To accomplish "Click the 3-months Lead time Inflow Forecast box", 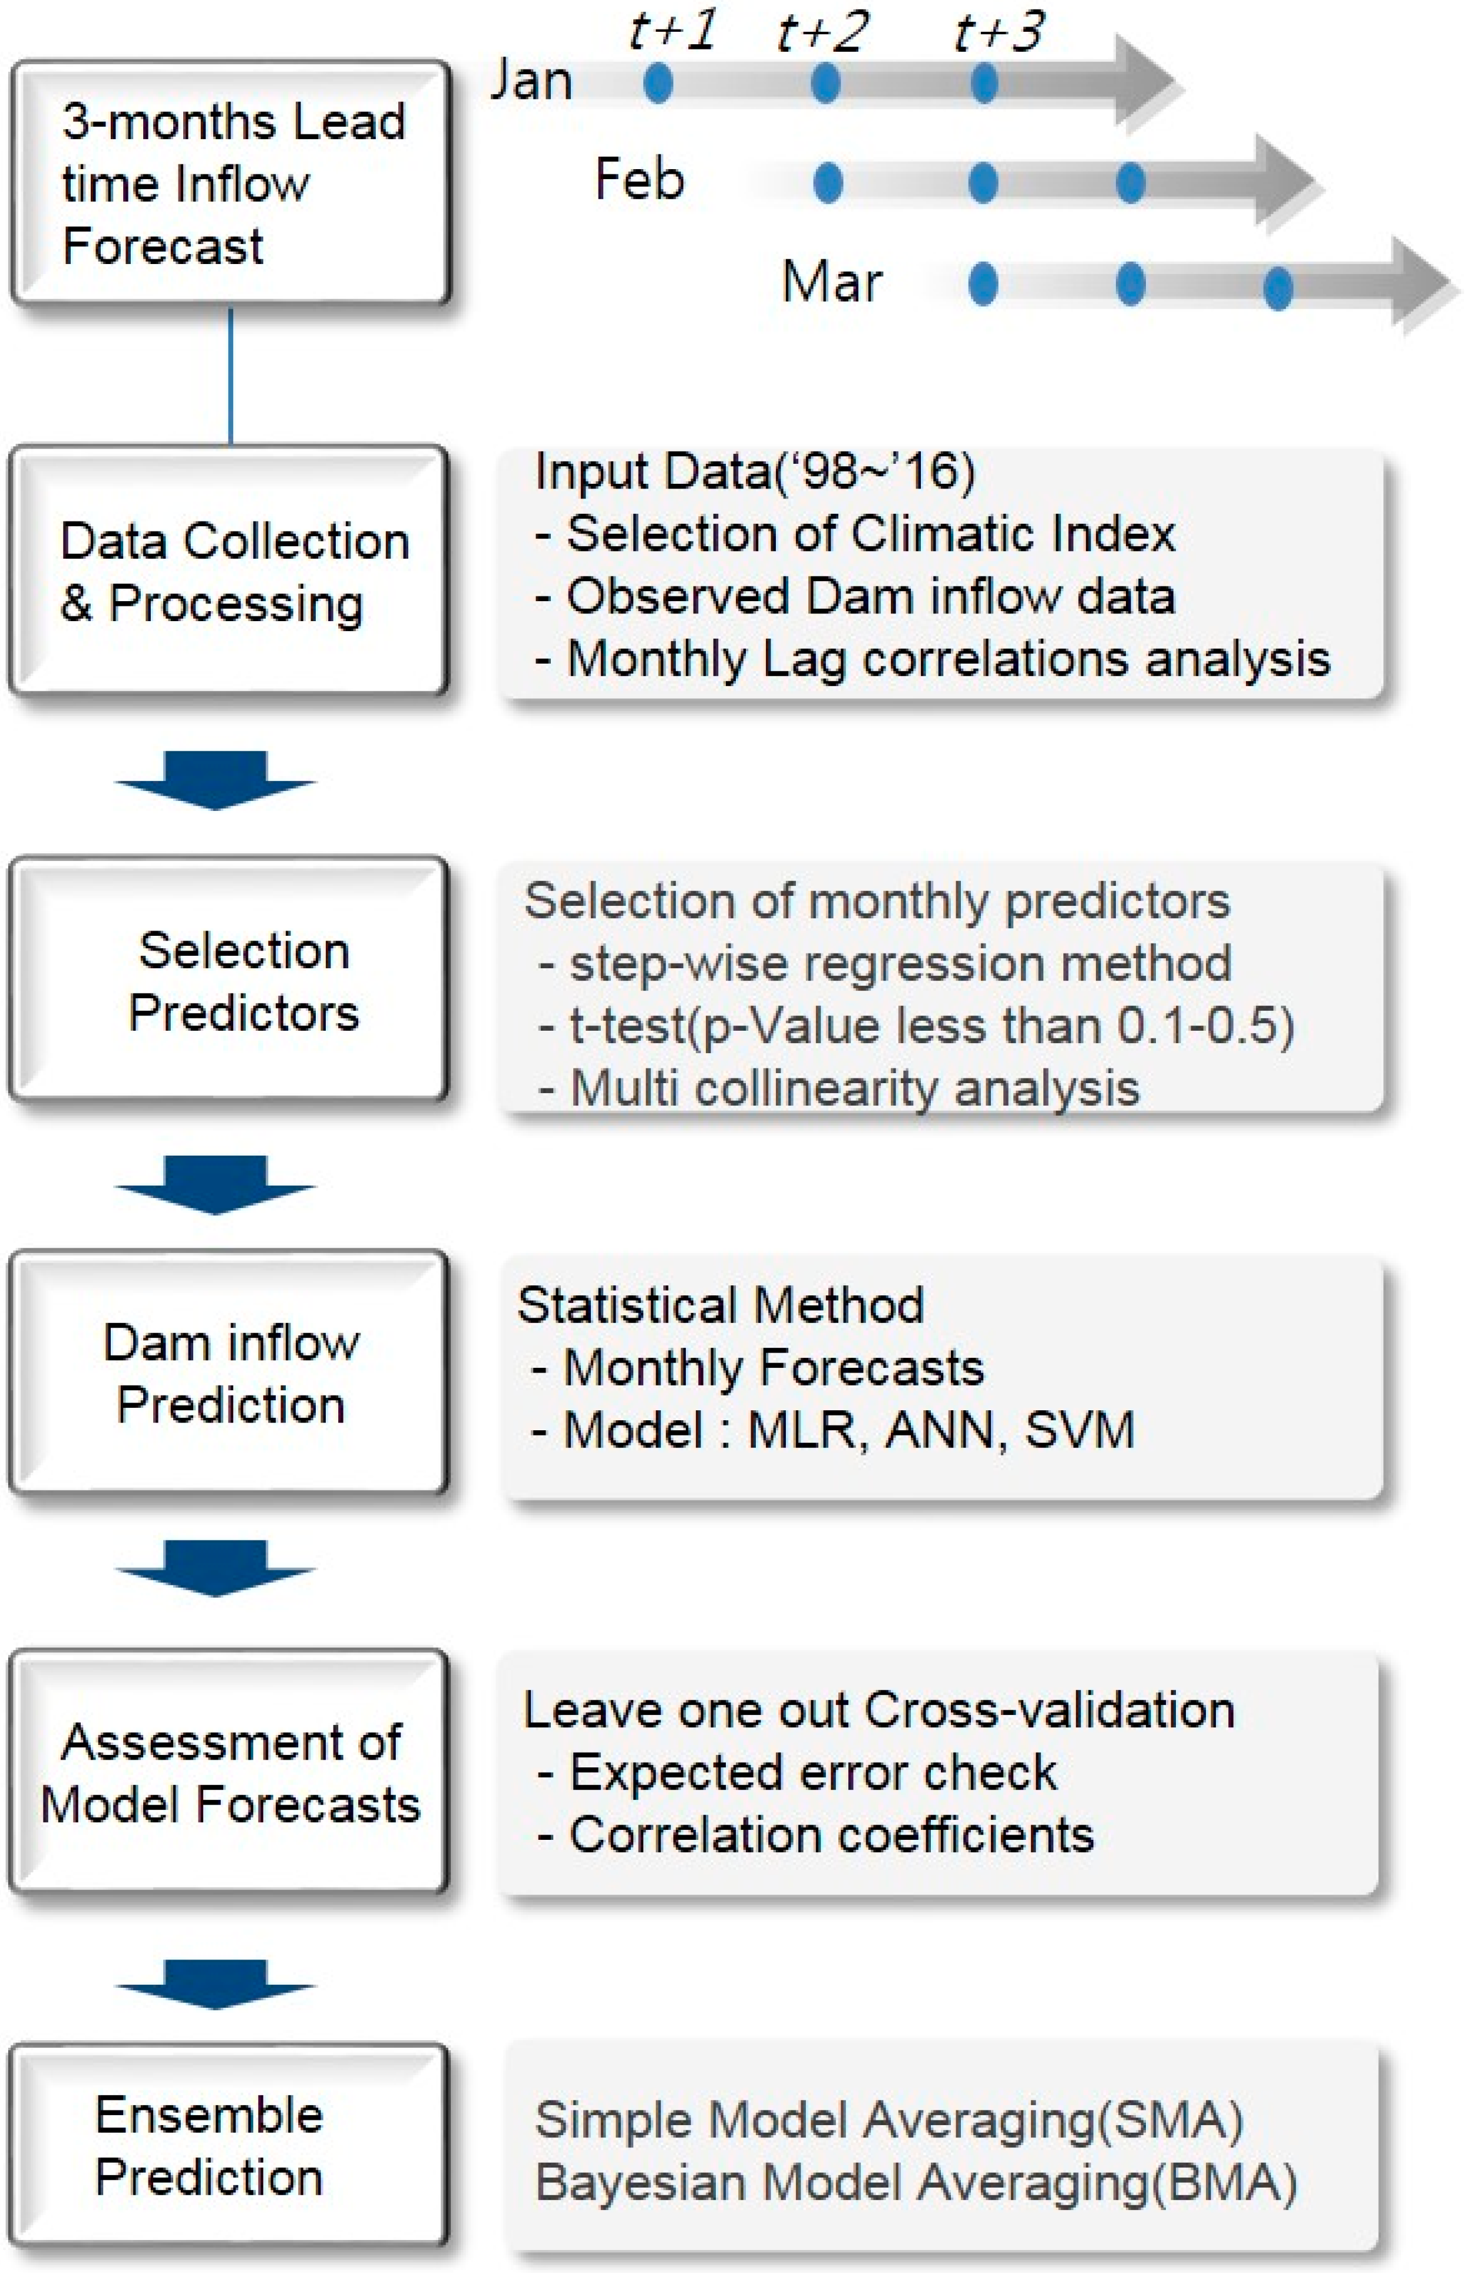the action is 230,183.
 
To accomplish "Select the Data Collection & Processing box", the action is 229,570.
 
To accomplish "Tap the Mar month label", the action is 832,282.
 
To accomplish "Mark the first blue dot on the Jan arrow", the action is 658,83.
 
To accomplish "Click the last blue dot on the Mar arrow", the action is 1277,288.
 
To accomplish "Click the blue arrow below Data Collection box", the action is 215,779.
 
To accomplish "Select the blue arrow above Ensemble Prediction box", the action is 215,1984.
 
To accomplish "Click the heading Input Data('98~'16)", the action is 755,471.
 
